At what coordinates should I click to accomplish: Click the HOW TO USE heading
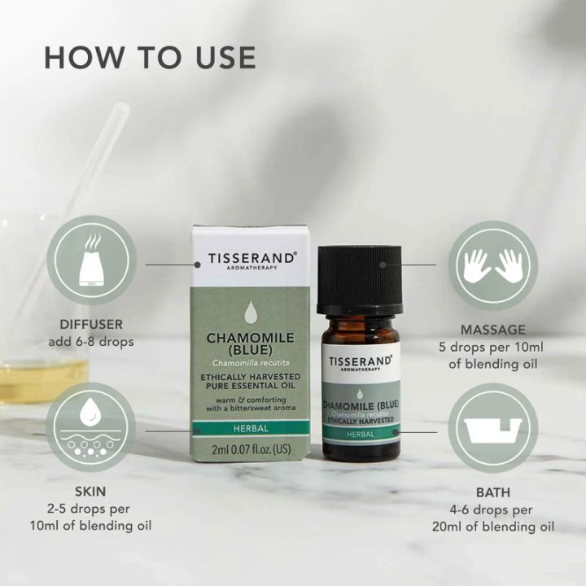pyautogui.click(x=150, y=58)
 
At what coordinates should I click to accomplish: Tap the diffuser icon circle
pyautogui.click(x=91, y=260)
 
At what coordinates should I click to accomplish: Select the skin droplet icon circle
pyautogui.click(x=91, y=427)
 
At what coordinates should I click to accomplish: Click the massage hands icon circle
pyautogui.click(x=493, y=265)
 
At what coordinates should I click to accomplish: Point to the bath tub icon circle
pyautogui.click(x=493, y=428)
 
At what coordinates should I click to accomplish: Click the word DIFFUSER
pyautogui.click(x=91, y=324)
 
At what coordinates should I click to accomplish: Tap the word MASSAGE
pyautogui.click(x=493, y=330)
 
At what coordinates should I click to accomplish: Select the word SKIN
pyautogui.click(x=90, y=491)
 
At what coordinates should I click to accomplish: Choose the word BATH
pyautogui.click(x=493, y=492)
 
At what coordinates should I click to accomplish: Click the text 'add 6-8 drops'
pyautogui.click(x=91, y=342)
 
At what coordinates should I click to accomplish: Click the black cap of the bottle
pyautogui.click(x=360, y=279)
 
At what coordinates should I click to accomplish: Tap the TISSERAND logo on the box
pyautogui.click(x=252, y=259)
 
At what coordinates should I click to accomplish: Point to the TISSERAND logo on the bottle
pyautogui.click(x=360, y=362)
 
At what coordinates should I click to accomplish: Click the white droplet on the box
pyautogui.click(x=250, y=313)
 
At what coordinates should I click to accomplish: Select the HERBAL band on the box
pyautogui.click(x=251, y=428)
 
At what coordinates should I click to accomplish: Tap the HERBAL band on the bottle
pyautogui.click(x=361, y=435)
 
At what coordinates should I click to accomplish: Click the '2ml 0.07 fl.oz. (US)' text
pyautogui.click(x=251, y=449)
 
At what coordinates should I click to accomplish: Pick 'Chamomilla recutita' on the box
pyautogui.click(x=251, y=362)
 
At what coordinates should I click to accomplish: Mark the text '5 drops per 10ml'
pyautogui.click(x=491, y=348)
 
